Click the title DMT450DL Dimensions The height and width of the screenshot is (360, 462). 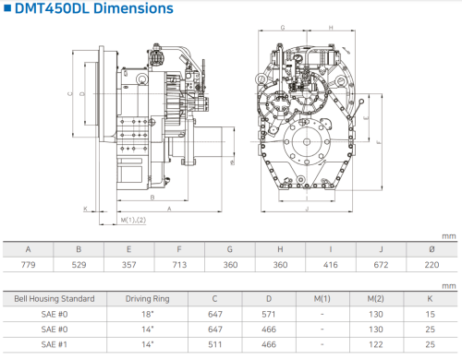pyautogui.click(x=94, y=8)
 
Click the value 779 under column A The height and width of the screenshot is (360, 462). pyautogui.click(x=28, y=265)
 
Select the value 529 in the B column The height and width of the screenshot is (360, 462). pyautogui.click(x=79, y=265)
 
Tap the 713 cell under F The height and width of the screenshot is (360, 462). pyautogui.click(x=179, y=265)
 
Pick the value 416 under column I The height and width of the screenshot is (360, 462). pyautogui.click(x=331, y=265)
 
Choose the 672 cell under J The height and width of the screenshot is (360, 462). pyautogui.click(x=381, y=265)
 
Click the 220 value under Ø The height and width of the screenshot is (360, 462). pyautogui.click(x=432, y=265)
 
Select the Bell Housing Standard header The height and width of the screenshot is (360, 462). pyautogui.click(x=55, y=299)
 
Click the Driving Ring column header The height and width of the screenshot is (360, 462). pyautogui.click(x=148, y=299)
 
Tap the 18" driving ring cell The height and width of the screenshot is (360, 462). pyautogui.click(x=148, y=314)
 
